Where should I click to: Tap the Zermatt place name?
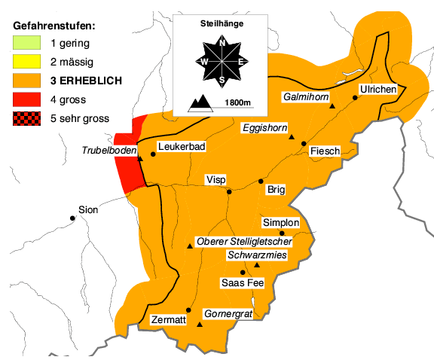coord(168,319)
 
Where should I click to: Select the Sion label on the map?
coord(88,210)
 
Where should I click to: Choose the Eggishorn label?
coord(264,128)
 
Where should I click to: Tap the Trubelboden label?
coord(109,151)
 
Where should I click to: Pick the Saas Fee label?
coord(241,283)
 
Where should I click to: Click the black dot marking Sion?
coord(72,218)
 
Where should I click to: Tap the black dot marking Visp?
coord(229,191)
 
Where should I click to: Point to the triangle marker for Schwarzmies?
coord(257,265)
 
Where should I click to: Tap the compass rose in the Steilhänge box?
coord(222,60)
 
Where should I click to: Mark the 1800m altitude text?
coord(237,102)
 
